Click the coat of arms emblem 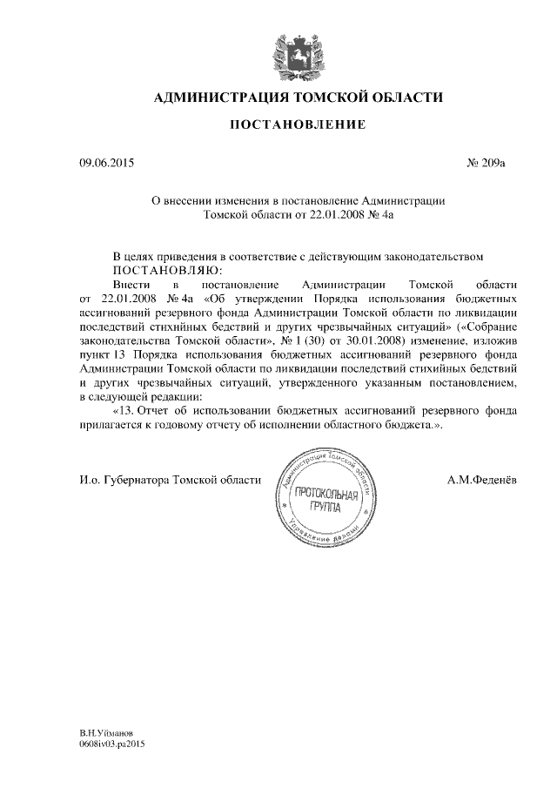[x=292, y=54]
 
